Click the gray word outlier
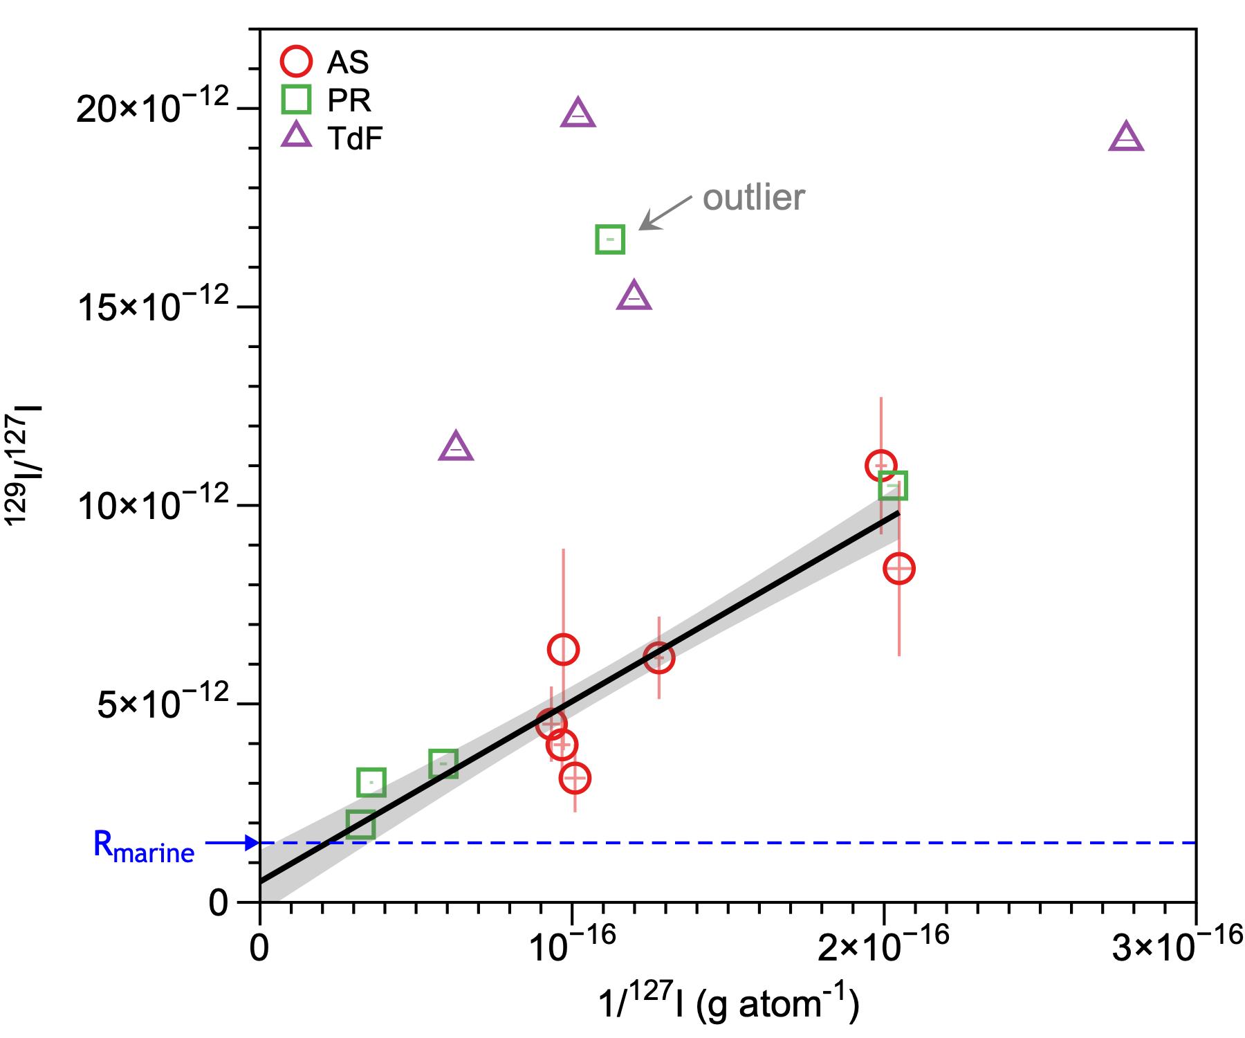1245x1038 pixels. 754,198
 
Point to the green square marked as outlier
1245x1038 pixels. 610,239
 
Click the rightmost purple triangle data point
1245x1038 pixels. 1126,138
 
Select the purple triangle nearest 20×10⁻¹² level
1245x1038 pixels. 579,114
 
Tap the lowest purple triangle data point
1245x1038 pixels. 456,448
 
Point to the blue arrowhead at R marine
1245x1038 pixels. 252,843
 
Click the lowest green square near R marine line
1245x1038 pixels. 360,825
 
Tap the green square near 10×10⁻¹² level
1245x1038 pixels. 893,486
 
